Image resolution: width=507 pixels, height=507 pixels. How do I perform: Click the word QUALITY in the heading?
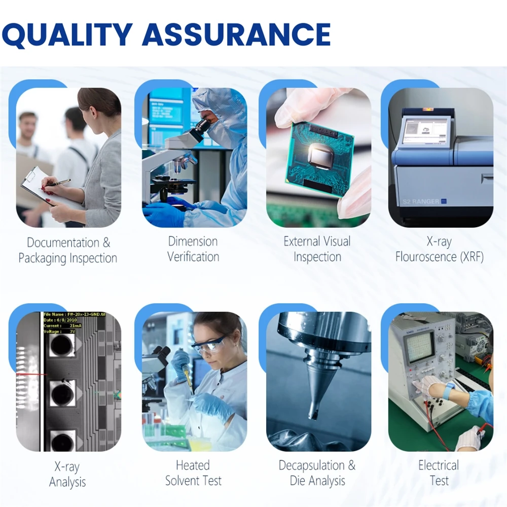[x=67, y=34]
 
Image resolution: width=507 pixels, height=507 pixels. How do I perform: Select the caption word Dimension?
[x=193, y=241]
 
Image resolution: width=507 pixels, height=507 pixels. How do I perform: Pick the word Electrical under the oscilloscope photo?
[x=439, y=465]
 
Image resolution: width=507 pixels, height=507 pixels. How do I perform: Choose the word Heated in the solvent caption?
[x=193, y=465]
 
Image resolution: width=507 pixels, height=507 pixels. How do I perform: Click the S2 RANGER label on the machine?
[x=421, y=201]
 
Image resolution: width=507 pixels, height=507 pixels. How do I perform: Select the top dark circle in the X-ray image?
[x=62, y=345]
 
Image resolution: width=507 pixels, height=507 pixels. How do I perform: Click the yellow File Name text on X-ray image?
[x=74, y=315]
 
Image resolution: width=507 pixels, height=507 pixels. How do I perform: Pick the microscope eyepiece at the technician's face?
[x=199, y=126]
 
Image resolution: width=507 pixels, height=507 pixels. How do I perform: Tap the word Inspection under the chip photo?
[x=317, y=257]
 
